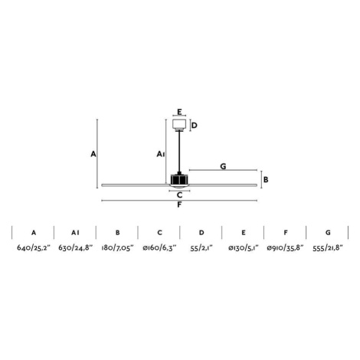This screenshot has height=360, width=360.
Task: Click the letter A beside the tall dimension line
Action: [x=93, y=154]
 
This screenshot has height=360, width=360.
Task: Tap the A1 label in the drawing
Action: [x=161, y=154]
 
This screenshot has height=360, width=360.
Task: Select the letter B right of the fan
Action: [x=266, y=179]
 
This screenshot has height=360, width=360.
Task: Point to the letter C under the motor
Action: [x=179, y=195]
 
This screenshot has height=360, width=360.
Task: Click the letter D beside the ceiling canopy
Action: [x=195, y=126]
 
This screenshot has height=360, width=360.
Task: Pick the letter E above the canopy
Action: [x=179, y=112]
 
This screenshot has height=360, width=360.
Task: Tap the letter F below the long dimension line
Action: [x=179, y=205]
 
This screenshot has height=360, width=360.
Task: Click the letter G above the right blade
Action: [x=223, y=166]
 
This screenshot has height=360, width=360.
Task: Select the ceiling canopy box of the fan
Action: [x=179, y=124]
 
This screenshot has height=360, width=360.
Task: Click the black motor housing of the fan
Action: [x=179, y=178]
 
